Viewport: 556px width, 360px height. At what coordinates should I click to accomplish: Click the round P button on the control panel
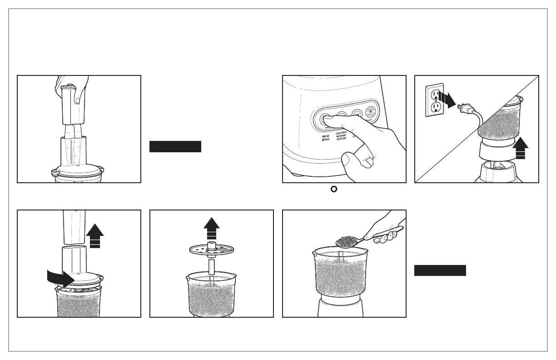[371, 110]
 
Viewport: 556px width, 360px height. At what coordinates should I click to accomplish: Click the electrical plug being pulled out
[467, 109]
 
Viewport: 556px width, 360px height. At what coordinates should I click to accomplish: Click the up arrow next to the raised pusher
[95, 235]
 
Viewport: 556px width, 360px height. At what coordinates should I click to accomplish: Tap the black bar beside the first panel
[175, 146]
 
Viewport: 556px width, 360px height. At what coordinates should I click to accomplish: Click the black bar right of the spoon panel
[440, 270]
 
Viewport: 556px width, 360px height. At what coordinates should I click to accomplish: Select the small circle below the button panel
[334, 189]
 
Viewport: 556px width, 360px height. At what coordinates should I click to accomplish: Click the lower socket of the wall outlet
[437, 107]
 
